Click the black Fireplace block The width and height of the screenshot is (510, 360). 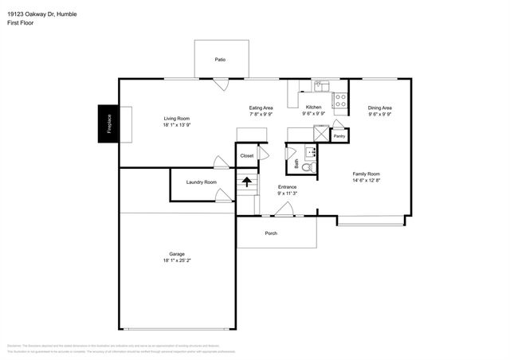coord(109,123)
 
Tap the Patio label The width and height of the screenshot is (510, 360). coord(219,60)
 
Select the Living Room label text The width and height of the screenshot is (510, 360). coord(176,119)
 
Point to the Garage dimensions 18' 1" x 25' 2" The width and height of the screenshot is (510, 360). coord(176,260)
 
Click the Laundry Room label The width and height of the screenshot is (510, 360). coord(201,182)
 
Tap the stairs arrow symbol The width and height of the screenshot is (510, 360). coord(247,182)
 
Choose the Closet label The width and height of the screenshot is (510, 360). coord(247,156)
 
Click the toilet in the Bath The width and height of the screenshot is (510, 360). coord(310,167)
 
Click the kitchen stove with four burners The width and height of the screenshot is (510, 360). coord(339,100)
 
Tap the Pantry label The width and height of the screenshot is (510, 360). coord(339,136)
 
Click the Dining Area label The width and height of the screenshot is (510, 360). coord(379,108)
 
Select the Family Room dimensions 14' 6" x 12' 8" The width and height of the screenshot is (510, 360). coord(367,180)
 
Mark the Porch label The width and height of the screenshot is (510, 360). coord(271,233)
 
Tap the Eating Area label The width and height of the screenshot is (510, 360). coord(261,108)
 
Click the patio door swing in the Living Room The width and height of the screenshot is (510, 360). coord(221,83)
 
